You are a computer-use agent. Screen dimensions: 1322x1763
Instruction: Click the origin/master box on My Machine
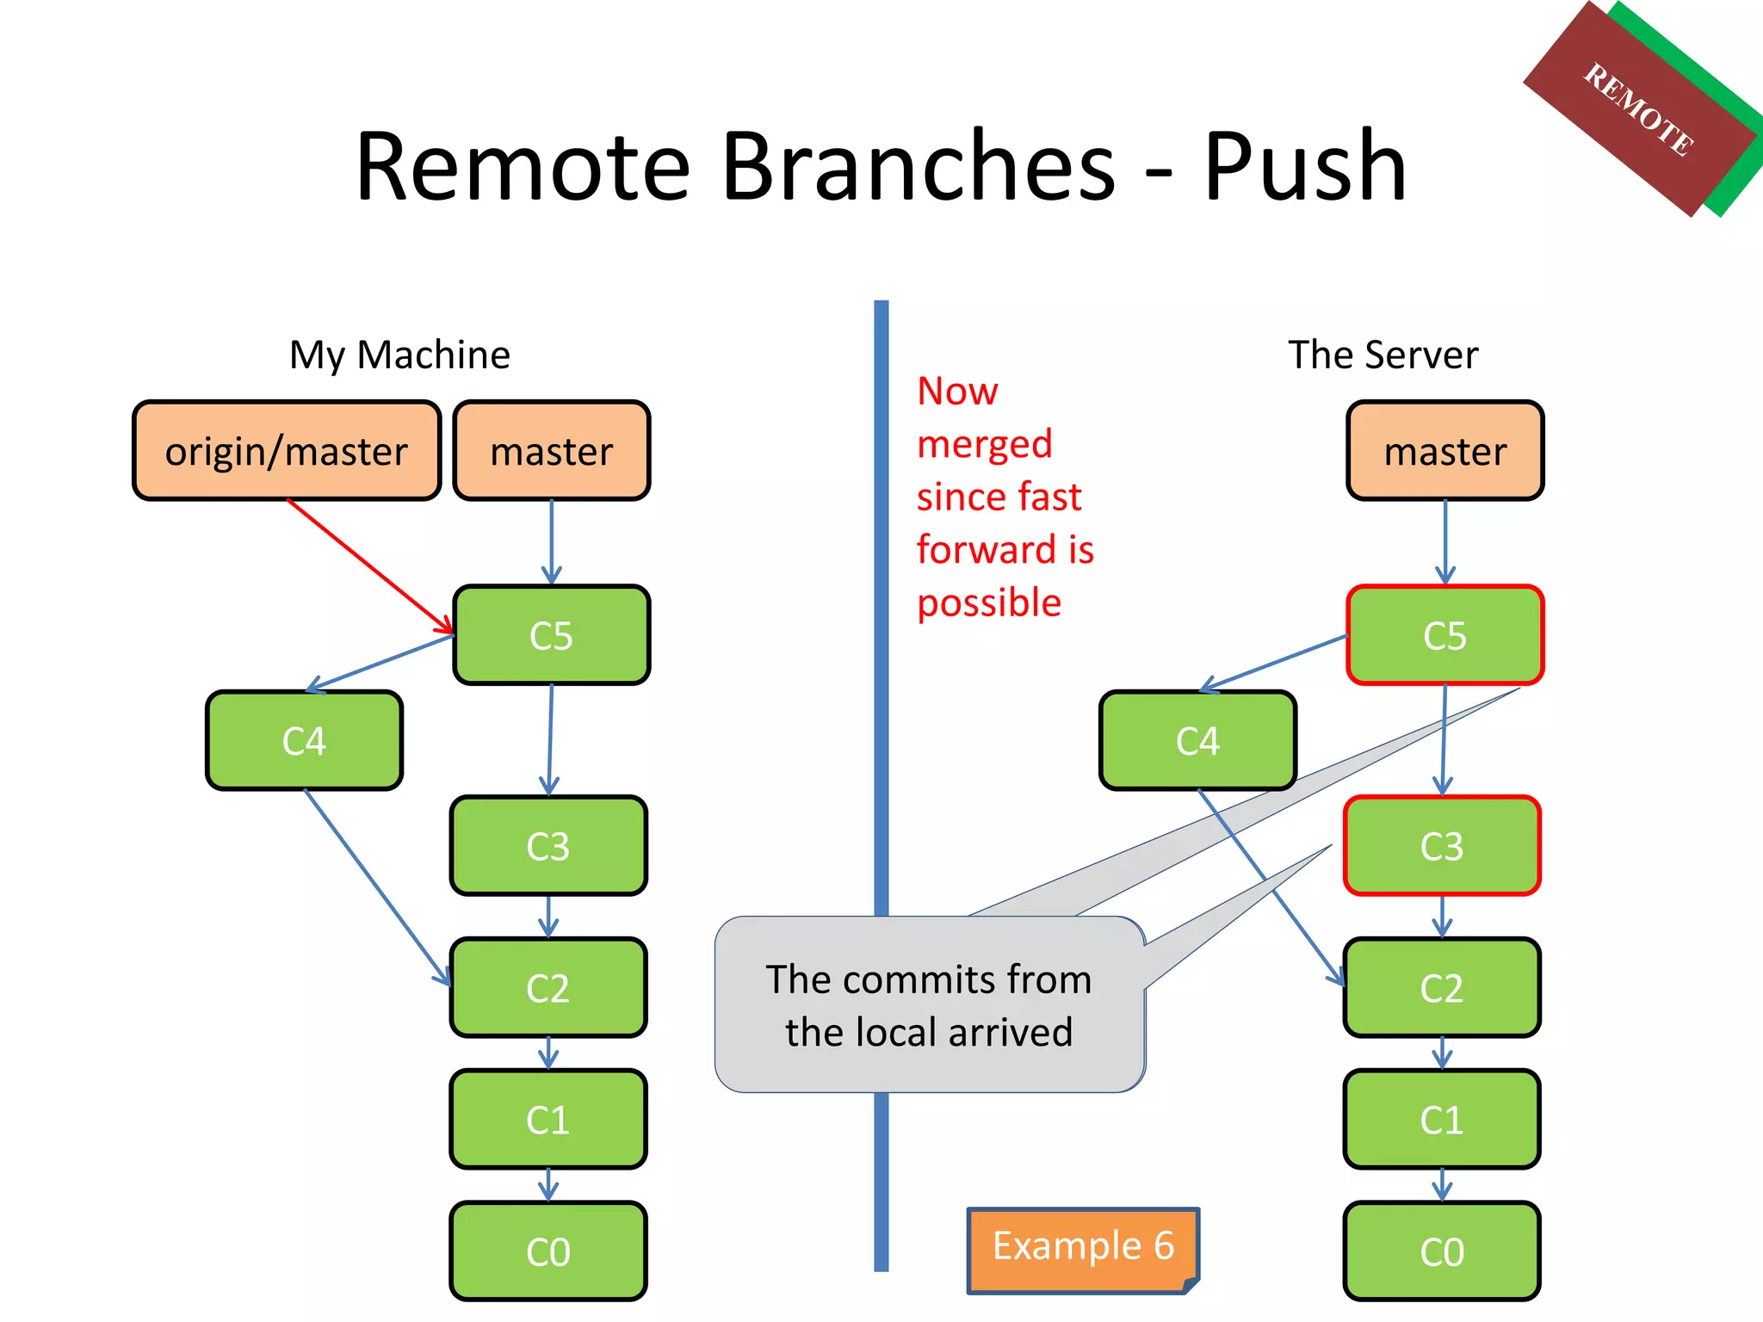point(287,451)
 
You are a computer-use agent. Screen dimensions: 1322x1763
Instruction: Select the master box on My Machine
point(551,451)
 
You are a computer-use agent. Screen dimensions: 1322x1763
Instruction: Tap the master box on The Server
point(1444,451)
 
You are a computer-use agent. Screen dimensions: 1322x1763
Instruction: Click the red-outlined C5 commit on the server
point(1444,635)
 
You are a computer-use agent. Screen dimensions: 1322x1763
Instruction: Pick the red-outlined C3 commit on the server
point(1442,846)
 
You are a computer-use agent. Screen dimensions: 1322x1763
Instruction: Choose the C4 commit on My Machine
point(304,741)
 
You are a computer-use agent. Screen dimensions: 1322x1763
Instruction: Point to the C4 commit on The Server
point(1197,741)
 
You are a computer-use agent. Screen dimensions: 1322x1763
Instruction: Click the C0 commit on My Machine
point(548,1251)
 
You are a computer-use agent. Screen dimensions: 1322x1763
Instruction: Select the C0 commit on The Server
point(1442,1251)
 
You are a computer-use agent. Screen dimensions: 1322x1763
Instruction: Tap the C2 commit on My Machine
point(548,988)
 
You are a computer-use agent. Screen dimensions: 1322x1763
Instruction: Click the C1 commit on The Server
point(1442,1120)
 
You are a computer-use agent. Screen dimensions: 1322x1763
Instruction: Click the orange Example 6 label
point(1083,1247)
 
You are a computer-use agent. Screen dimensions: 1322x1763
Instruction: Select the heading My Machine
point(399,355)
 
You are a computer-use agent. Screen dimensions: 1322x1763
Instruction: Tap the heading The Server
point(1383,355)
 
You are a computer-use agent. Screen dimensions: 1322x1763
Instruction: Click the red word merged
point(984,444)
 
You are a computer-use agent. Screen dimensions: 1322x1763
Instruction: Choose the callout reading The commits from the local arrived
point(930,1005)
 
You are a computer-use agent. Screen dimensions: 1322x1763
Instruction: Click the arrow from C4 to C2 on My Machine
point(377,886)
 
